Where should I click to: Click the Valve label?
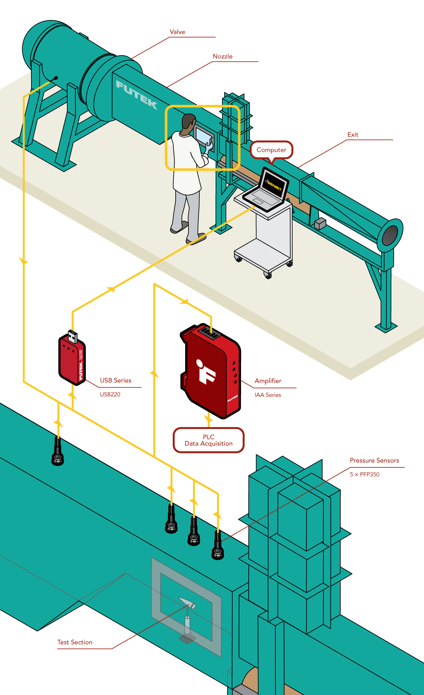pyautogui.click(x=177, y=32)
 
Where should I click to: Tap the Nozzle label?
pyautogui.click(x=222, y=57)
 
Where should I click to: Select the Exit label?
pyautogui.click(x=352, y=135)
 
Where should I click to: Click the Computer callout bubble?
pyautogui.click(x=271, y=150)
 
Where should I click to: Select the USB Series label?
pyautogui.click(x=115, y=380)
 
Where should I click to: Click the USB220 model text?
pyautogui.click(x=110, y=395)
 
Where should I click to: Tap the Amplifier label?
pyautogui.click(x=268, y=381)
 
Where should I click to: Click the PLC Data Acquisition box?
pyautogui.click(x=209, y=440)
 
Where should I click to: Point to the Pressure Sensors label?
pyautogui.click(x=374, y=460)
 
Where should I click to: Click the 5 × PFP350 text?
pyautogui.click(x=364, y=475)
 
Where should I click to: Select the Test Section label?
pyautogui.click(x=75, y=642)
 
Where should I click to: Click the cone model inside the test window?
pyautogui.click(x=187, y=602)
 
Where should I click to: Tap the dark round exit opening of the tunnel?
pyautogui.click(x=390, y=235)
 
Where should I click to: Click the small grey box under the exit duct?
pyautogui.click(x=320, y=223)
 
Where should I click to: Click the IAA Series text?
pyautogui.click(x=268, y=395)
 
